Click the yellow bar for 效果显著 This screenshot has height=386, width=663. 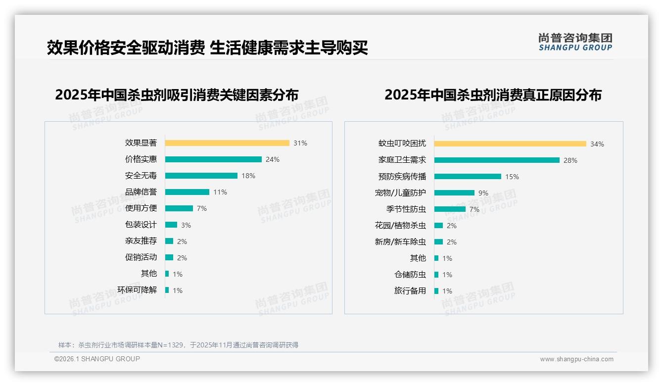pyautogui.click(x=227, y=143)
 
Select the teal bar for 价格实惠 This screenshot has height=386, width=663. pyautogui.click(x=213, y=159)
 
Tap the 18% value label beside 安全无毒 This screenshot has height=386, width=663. pyautogui.click(x=248, y=176)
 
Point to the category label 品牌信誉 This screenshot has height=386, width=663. pyautogui.click(x=141, y=192)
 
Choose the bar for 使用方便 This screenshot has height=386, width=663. pyautogui.click(x=179, y=208)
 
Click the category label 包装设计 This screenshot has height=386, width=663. pyautogui.click(x=141, y=225)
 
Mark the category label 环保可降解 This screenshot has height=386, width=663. pyautogui.click(x=137, y=290)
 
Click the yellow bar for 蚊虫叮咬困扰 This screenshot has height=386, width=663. pyautogui.click(x=510, y=144)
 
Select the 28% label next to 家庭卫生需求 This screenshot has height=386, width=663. pyautogui.click(x=570, y=160)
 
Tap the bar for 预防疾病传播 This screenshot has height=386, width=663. pyautogui.click(x=468, y=177)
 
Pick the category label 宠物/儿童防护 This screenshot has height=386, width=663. pyautogui.click(x=400, y=193)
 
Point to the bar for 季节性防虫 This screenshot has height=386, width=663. pyautogui.click(x=450, y=209)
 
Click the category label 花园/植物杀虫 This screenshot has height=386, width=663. pyautogui.click(x=400, y=226)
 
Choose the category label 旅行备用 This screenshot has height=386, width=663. pyautogui.click(x=410, y=291)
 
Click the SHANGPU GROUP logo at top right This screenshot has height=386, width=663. pyautogui.click(x=575, y=42)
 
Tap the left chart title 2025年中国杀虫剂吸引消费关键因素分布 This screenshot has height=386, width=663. pyautogui.click(x=177, y=95)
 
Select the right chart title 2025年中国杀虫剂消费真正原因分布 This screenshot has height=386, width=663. pyautogui.click(x=493, y=95)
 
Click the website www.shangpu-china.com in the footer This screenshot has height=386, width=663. pyautogui.click(x=576, y=359)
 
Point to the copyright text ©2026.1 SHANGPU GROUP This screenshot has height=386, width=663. pyautogui.click(x=97, y=359)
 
